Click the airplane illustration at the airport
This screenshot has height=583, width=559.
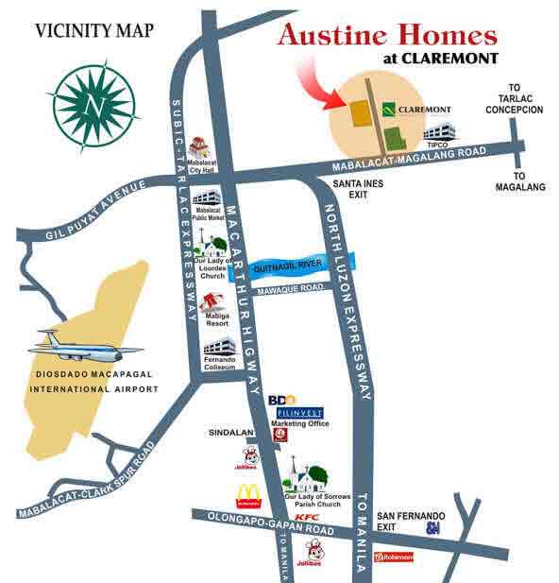(x=79, y=346)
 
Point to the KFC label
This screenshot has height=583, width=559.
(x=305, y=518)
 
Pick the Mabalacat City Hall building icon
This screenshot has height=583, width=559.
(x=198, y=148)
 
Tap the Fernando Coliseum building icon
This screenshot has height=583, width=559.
(x=216, y=347)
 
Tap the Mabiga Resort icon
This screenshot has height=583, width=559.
(x=212, y=301)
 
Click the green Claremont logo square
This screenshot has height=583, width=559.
(x=389, y=111)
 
